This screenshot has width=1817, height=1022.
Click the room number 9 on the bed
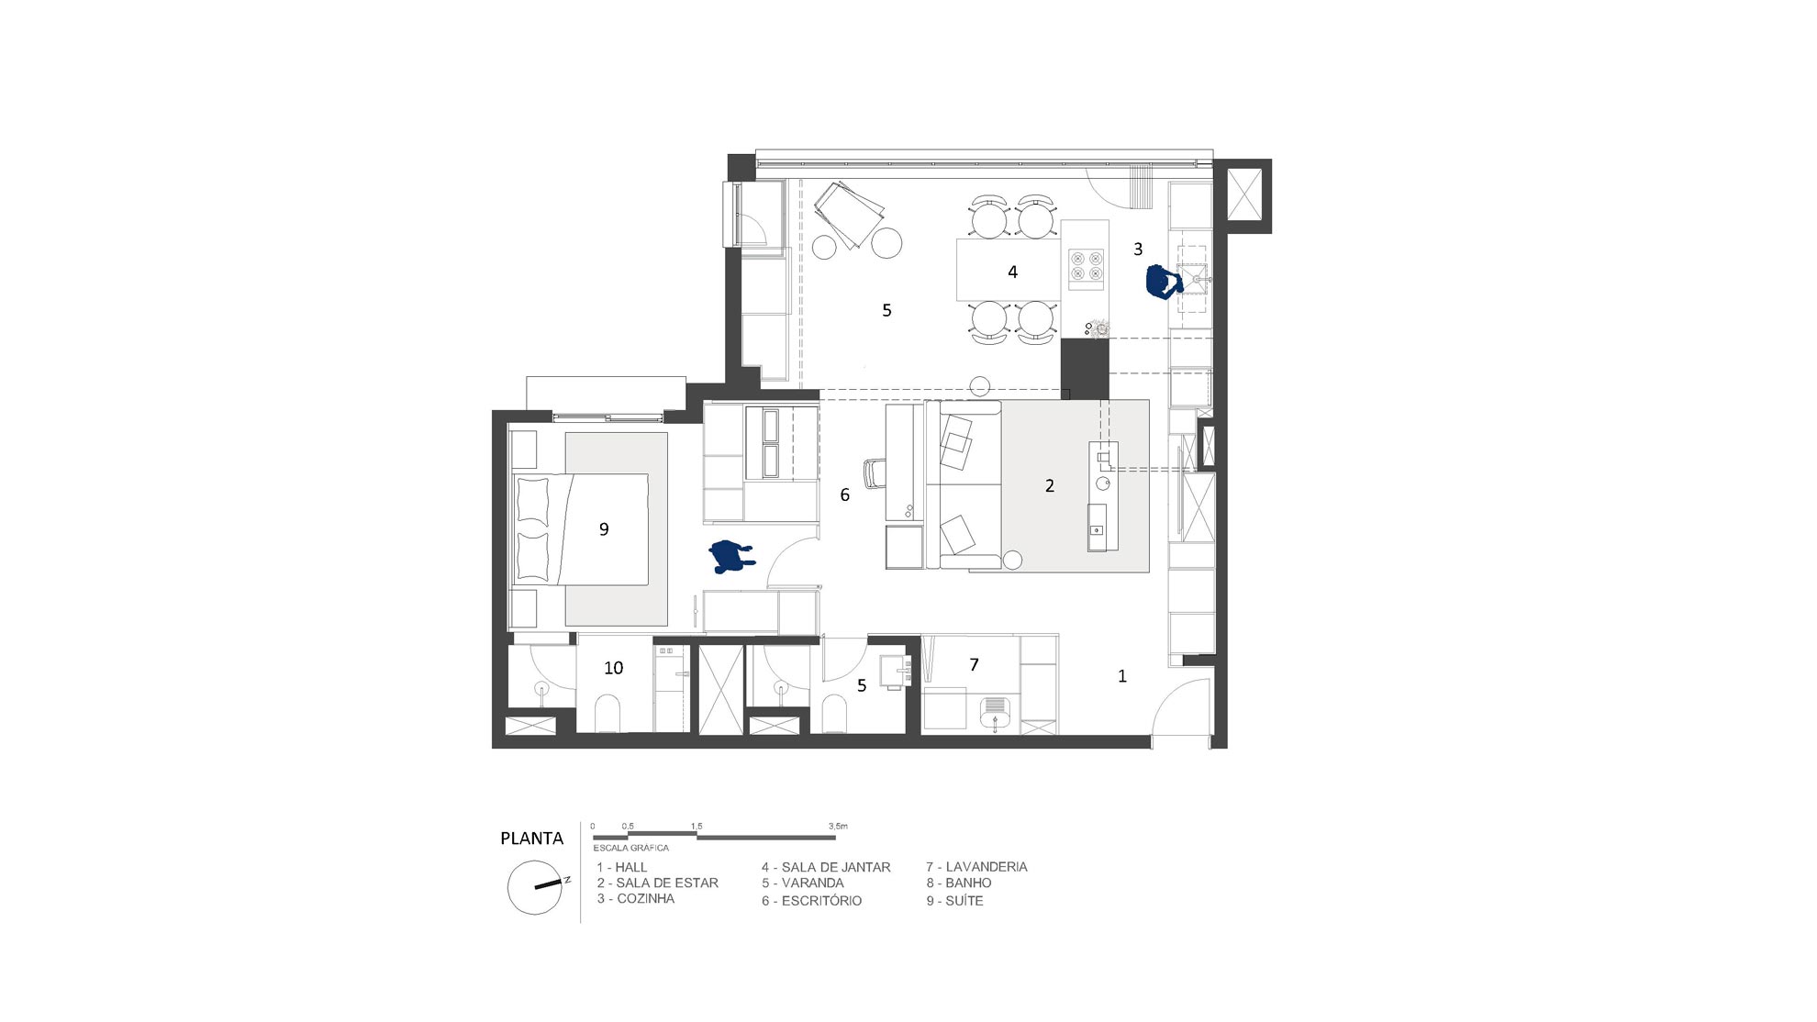(x=604, y=528)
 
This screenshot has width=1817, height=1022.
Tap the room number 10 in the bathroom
(x=614, y=668)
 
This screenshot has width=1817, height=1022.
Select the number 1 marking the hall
(x=1122, y=676)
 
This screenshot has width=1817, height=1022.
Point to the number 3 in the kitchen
(x=1139, y=249)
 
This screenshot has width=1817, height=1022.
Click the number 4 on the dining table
(x=1013, y=272)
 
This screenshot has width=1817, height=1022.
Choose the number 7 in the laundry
(x=975, y=663)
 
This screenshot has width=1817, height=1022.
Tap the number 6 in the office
(x=845, y=494)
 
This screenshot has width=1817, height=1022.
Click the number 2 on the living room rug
(x=1050, y=485)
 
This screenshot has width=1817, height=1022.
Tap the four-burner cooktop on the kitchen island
(x=1087, y=265)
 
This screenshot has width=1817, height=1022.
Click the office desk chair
(x=875, y=473)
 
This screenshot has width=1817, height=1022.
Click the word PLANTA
(x=531, y=838)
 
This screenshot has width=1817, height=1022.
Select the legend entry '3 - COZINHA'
(x=636, y=899)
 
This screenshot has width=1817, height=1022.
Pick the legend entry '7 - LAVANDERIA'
(x=976, y=866)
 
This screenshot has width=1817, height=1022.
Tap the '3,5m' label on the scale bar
(x=838, y=827)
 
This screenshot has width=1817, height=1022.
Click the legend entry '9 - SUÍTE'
(x=954, y=901)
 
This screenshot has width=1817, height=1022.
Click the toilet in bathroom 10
(x=609, y=714)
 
